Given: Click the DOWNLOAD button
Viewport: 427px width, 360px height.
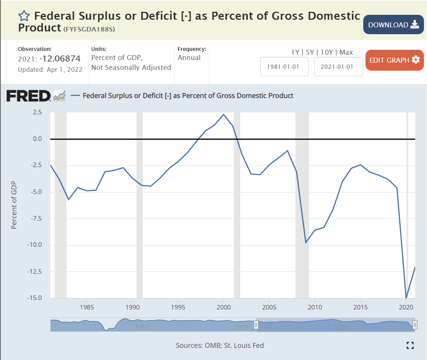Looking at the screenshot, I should [393, 25].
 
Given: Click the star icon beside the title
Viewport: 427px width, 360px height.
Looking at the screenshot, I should [24, 16].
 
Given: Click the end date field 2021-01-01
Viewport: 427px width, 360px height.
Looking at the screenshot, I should [338, 66].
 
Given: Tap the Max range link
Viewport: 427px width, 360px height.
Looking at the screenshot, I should [346, 52].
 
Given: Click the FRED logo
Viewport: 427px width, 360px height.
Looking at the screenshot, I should [28, 96].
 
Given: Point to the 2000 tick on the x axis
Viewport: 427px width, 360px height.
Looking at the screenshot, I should [224, 307].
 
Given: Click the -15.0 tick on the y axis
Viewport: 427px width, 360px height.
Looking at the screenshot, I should [35, 298].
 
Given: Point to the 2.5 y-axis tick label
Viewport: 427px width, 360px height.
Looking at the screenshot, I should [37, 112].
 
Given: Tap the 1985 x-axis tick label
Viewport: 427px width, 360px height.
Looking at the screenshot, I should [87, 307].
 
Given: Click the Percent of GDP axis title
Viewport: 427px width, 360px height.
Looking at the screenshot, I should [14, 205].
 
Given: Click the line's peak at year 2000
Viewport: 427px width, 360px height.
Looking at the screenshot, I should [224, 114].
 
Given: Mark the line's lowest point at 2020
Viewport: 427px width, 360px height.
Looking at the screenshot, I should [406, 298].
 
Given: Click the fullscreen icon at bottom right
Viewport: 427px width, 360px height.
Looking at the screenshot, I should [410, 345].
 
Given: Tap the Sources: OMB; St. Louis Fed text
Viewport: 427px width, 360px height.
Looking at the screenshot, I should [220, 346].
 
